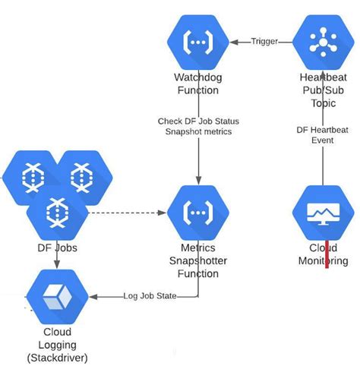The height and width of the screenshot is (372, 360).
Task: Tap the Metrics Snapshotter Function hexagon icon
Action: click(199, 213)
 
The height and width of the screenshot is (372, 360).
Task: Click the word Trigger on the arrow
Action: click(264, 42)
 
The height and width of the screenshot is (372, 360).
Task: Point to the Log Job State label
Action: click(150, 296)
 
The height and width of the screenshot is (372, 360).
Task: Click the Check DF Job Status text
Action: click(199, 121)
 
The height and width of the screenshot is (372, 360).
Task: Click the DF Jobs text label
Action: click(58, 247)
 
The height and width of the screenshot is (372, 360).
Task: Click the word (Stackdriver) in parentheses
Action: click(58, 357)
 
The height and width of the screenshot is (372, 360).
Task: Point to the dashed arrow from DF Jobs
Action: click(125, 213)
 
